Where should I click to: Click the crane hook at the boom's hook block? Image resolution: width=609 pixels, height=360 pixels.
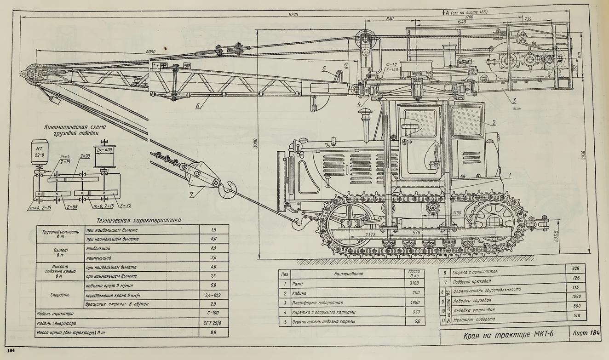[x=228, y=189]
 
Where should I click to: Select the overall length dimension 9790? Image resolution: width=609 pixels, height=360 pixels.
[x=293, y=15]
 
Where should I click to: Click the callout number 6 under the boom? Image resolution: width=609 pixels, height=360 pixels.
[x=197, y=106]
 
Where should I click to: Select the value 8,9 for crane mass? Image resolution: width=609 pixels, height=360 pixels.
[x=213, y=332]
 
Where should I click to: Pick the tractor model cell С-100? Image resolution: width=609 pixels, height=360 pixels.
[x=213, y=314]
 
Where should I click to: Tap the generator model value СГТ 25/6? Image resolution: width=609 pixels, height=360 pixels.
[x=213, y=323]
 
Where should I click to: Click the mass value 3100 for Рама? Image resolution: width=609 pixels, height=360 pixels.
[x=414, y=284]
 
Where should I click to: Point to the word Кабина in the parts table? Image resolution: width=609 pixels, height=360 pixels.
[x=300, y=293]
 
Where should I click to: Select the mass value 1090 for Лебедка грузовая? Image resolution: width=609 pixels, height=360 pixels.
[x=576, y=297]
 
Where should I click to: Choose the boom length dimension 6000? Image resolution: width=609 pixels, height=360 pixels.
[x=150, y=51]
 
